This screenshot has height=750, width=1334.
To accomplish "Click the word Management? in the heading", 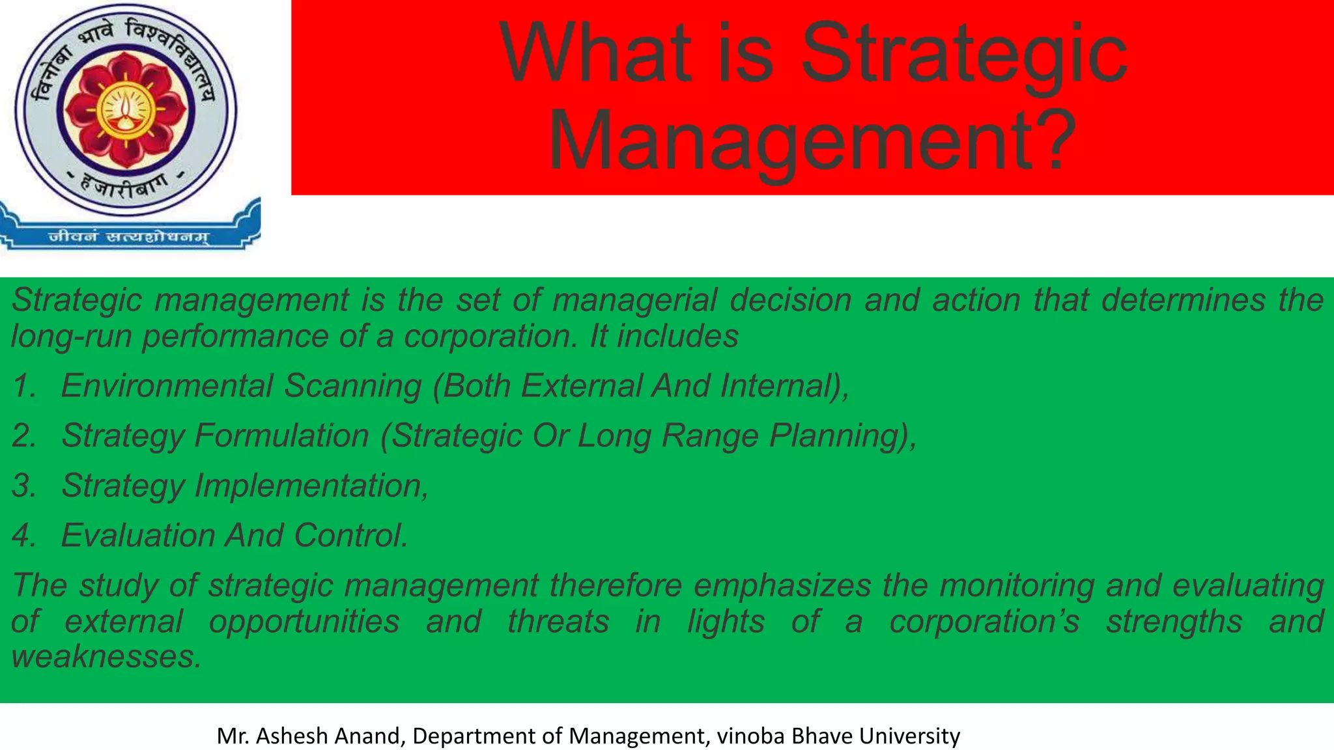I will point(812,139).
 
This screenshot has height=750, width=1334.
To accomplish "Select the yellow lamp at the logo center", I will point(126,108).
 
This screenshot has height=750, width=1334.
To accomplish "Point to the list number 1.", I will point(23,385).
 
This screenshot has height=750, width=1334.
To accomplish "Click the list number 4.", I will point(23,535).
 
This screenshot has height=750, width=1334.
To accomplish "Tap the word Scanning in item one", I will point(352,385).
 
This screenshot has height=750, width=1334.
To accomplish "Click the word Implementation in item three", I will point(310,486).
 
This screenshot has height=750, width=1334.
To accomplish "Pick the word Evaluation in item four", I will point(137,535).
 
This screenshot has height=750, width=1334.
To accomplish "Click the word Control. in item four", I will point(350,535).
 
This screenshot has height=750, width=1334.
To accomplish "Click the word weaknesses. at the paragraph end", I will point(106,656).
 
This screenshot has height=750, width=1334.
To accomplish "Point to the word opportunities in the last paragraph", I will point(304,621).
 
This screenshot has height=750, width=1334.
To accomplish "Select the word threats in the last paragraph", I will point(558,621).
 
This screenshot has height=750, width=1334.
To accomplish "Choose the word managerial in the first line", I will point(634,300).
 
